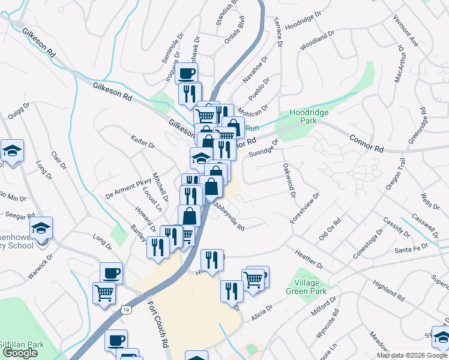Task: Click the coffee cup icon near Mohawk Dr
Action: pos(186,74)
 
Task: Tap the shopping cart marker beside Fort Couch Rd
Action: pos(104,293)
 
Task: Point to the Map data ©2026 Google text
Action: pos(412,355)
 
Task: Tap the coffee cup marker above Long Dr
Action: pos(111,273)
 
